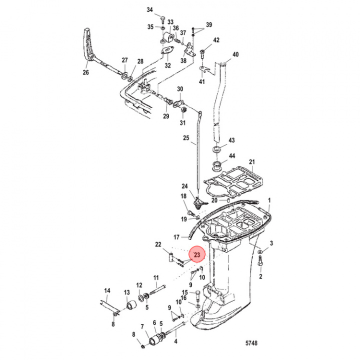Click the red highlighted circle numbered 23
click(197, 255)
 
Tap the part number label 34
click(149, 10)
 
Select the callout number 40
click(235, 54)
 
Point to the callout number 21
click(252, 161)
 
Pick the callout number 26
click(85, 72)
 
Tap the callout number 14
click(107, 291)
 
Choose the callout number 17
click(176, 236)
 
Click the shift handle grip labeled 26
click(88, 45)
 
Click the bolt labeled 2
click(260, 261)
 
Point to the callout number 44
click(231, 156)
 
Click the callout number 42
click(216, 40)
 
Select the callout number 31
click(182, 123)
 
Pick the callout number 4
click(175, 342)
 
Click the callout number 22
click(158, 244)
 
